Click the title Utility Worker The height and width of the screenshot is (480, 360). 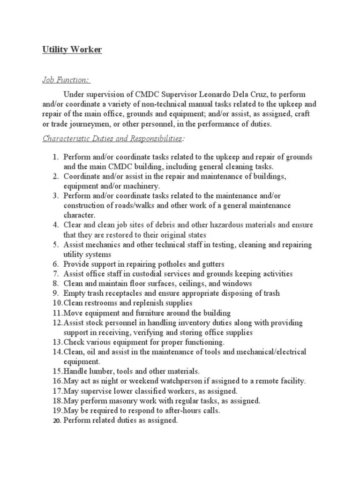tap(72, 50)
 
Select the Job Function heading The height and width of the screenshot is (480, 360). tap(67, 80)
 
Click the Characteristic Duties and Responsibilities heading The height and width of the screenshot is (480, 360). tap(112, 138)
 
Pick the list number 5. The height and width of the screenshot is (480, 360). tap(55, 245)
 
